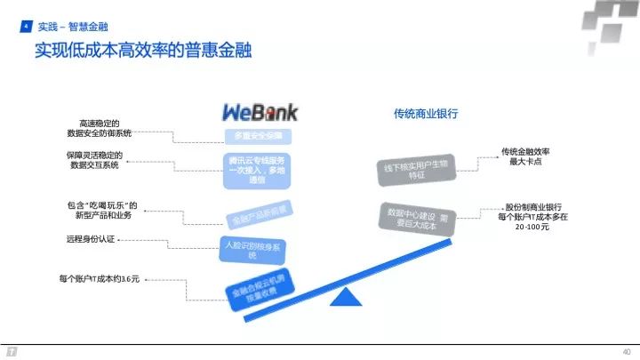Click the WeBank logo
[259, 112]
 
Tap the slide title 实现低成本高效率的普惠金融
[143, 51]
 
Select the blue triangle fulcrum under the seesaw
[342, 300]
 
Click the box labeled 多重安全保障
[258, 136]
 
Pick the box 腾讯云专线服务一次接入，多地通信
[258, 169]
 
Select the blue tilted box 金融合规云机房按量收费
[260, 286]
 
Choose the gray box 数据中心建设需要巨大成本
[418, 219]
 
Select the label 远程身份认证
[91, 238]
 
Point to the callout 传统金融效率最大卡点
[529, 156]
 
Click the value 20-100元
[532, 227]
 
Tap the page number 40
[626, 350]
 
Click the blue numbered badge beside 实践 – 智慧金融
[26, 28]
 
